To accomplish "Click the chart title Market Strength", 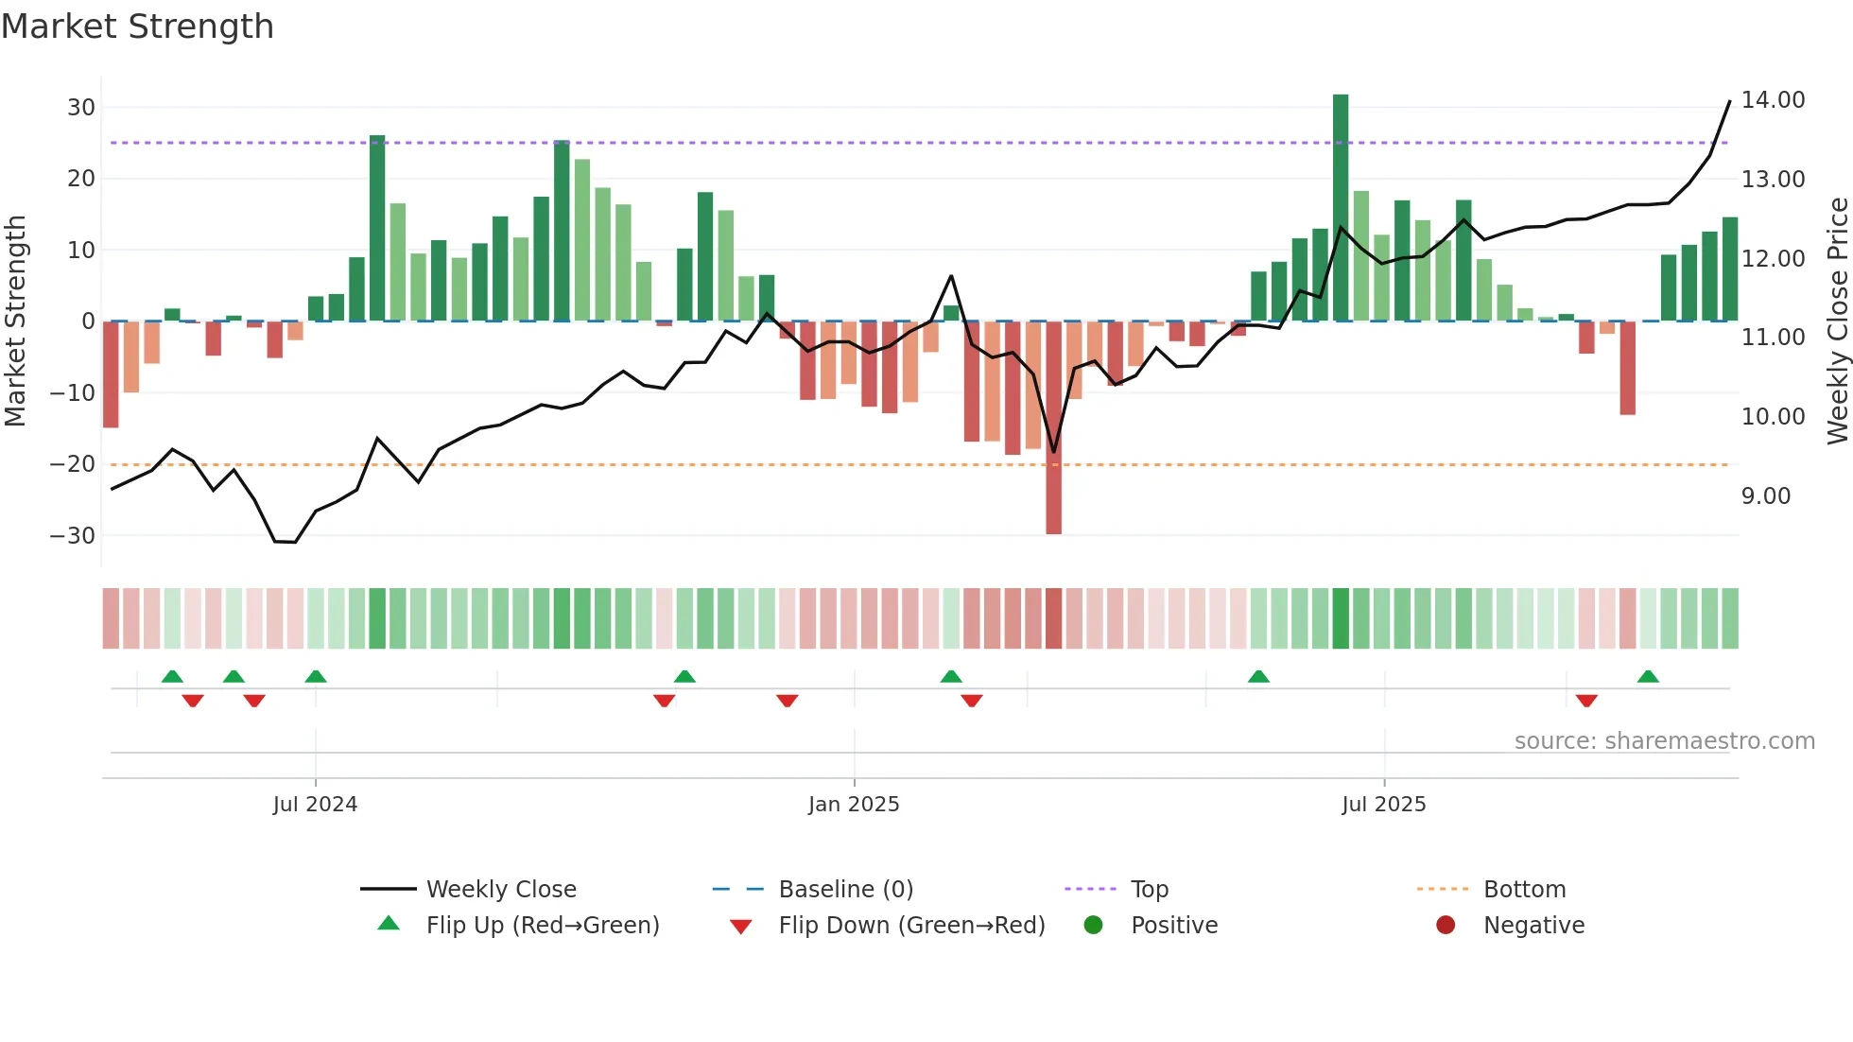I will point(137,26).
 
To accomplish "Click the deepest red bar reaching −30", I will point(1053,427).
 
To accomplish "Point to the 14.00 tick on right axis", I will point(1773,100).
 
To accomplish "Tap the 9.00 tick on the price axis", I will point(1765,496).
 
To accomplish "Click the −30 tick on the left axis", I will point(73,536).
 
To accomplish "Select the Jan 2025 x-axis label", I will point(854,805).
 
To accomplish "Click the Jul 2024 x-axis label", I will point(315,805).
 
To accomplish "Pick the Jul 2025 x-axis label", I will point(1383,805).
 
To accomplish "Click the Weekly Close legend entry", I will point(500,890).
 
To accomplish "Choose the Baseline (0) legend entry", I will point(845,890).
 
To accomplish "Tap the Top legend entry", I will point(1149,890).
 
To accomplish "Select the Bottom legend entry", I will point(1524,890).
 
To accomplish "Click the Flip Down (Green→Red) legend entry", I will point(910,926).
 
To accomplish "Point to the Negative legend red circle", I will point(1446,926).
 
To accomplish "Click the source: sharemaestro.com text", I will point(1664,741).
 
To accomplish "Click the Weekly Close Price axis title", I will point(1837,321).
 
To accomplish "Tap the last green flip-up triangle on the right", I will point(1648,677).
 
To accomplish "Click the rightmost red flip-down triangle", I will point(1586,701).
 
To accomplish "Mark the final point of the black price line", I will point(1730,101).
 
